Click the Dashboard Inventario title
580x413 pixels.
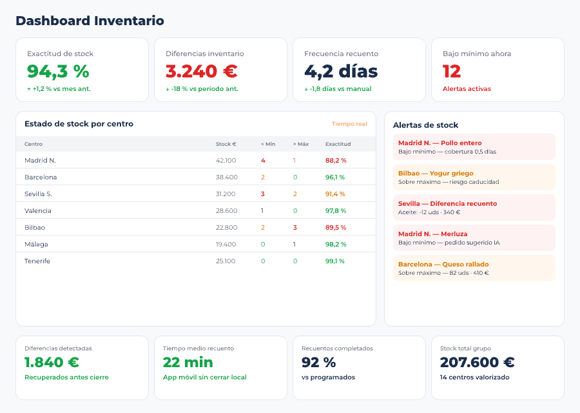coord(90,21)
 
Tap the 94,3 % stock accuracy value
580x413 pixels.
coord(58,71)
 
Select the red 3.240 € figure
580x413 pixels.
coord(202,71)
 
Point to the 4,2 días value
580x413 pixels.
coord(341,71)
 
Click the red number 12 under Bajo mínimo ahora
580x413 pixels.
coord(452,71)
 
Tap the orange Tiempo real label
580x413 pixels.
coord(349,124)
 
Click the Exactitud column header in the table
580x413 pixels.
coord(338,144)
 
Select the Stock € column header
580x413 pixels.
coord(226,144)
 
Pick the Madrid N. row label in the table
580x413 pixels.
coord(40,160)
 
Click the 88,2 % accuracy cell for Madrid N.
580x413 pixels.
coord(336,160)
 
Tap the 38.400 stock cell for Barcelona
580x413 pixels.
coord(226,177)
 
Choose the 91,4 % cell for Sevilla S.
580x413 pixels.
coord(335,194)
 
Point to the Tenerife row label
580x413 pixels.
coord(37,261)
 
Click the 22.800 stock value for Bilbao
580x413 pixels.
coord(226,227)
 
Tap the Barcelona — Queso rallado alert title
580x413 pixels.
coord(443,264)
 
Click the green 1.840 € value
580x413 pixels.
coord(52,363)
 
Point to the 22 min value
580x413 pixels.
coord(188,363)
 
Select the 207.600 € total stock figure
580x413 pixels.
coord(477,363)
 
